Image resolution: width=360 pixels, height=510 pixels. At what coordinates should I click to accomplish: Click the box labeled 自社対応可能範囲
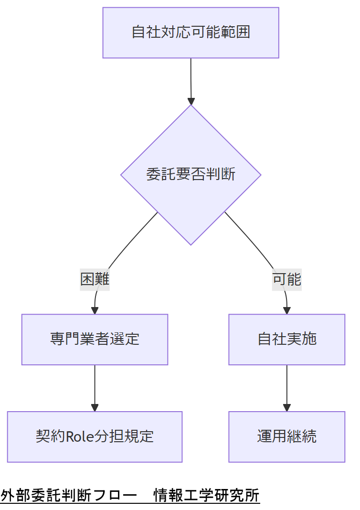pyautogui.click(x=191, y=32)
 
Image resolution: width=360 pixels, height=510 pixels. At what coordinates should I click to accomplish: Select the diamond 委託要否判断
pyautogui.click(x=191, y=174)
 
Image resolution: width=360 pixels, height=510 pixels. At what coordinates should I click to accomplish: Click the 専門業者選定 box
pyautogui.click(x=95, y=339)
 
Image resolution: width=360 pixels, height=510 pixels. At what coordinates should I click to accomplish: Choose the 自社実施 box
pyautogui.click(x=286, y=339)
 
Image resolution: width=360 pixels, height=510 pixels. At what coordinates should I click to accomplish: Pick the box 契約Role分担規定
pyautogui.click(x=95, y=436)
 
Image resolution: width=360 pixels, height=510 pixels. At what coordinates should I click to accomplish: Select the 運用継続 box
pyautogui.click(x=286, y=436)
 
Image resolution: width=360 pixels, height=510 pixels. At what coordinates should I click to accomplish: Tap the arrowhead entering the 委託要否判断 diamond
pyautogui.click(x=191, y=101)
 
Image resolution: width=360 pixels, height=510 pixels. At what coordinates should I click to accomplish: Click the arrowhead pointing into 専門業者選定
pyautogui.click(x=95, y=310)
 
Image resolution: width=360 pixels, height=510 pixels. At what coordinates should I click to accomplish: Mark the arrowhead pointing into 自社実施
pyautogui.click(x=287, y=310)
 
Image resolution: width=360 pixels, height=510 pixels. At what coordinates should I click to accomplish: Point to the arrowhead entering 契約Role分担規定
pyautogui.click(x=95, y=408)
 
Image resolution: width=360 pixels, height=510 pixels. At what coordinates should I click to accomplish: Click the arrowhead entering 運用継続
pyautogui.click(x=286, y=408)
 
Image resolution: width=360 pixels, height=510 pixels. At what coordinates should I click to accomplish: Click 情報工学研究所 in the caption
pyautogui.click(x=206, y=496)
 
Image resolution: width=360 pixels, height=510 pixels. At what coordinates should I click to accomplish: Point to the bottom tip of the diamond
pyautogui.click(x=191, y=244)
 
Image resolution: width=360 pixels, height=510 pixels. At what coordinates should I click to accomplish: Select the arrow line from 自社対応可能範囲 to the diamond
pyautogui.click(x=191, y=79)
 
